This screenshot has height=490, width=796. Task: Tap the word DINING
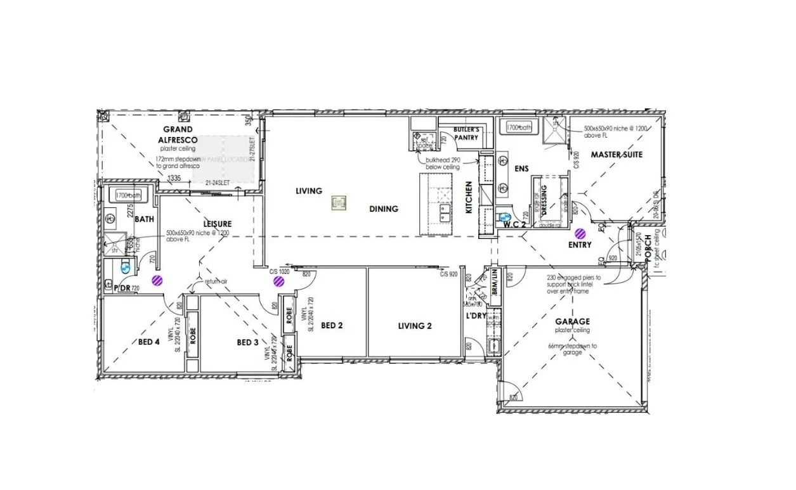pyautogui.click(x=384, y=209)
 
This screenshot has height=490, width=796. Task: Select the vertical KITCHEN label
pyautogui.click(x=469, y=197)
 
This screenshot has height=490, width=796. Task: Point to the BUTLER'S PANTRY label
pyautogui.click(x=466, y=133)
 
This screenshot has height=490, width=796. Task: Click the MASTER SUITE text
pyautogui.click(x=617, y=154)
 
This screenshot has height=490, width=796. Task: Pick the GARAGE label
pyautogui.click(x=572, y=321)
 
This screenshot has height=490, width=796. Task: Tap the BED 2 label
pyautogui.click(x=332, y=325)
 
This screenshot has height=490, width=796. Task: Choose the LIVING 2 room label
pyautogui.click(x=415, y=325)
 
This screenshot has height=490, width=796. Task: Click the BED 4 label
pyautogui.click(x=148, y=342)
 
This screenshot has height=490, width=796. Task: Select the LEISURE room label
pyautogui.click(x=217, y=224)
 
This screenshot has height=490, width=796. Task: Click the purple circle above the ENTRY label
pyautogui.click(x=580, y=234)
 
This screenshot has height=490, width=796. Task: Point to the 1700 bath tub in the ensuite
pyautogui.click(x=518, y=128)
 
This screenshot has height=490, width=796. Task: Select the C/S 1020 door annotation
pyautogui.click(x=280, y=271)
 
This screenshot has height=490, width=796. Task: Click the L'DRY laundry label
pyautogui.click(x=476, y=316)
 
